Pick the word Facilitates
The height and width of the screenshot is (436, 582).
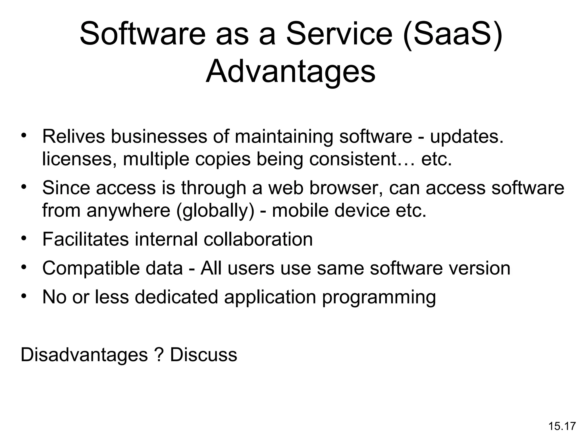click(x=86, y=239)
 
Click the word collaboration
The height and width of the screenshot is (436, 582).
click(x=258, y=239)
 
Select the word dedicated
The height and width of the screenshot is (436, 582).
click(x=176, y=297)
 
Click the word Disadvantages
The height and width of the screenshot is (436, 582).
click(x=84, y=355)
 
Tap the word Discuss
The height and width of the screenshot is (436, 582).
click(x=203, y=355)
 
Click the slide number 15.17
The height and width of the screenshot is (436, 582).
click(x=562, y=426)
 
